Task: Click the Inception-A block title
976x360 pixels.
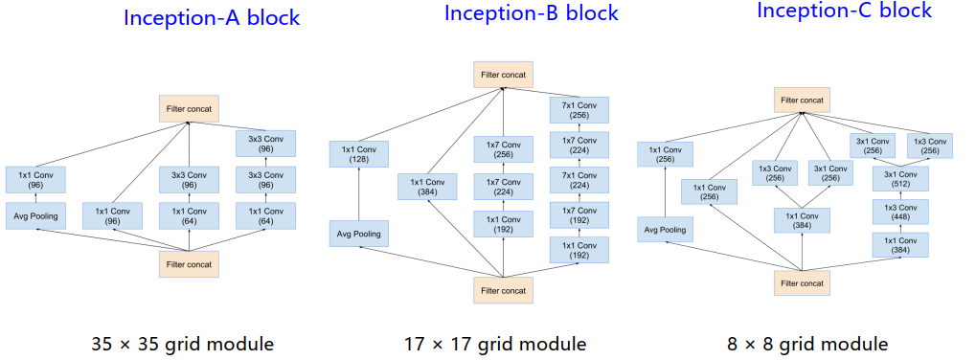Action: click(212, 17)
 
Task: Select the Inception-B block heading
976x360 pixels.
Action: click(531, 13)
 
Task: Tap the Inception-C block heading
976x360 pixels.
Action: click(844, 11)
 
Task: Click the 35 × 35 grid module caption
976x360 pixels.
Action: click(182, 343)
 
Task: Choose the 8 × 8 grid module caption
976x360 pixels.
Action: click(806, 343)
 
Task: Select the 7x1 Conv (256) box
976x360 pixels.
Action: click(578, 108)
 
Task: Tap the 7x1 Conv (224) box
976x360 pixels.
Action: click(578, 181)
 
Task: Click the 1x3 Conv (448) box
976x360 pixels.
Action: click(899, 213)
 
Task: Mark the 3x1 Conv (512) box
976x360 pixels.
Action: click(899, 179)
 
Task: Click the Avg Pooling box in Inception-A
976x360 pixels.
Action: click(35, 215)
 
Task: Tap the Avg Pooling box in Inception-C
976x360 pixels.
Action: click(666, 230)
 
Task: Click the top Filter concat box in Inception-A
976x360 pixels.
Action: click(191, 109)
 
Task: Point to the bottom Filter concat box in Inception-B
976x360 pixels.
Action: click(503, 288)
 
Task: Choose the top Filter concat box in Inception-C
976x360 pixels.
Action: click(802, 100)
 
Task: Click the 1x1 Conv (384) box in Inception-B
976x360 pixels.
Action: click(427, 187)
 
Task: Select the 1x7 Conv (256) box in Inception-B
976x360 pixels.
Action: click(503, 149)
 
